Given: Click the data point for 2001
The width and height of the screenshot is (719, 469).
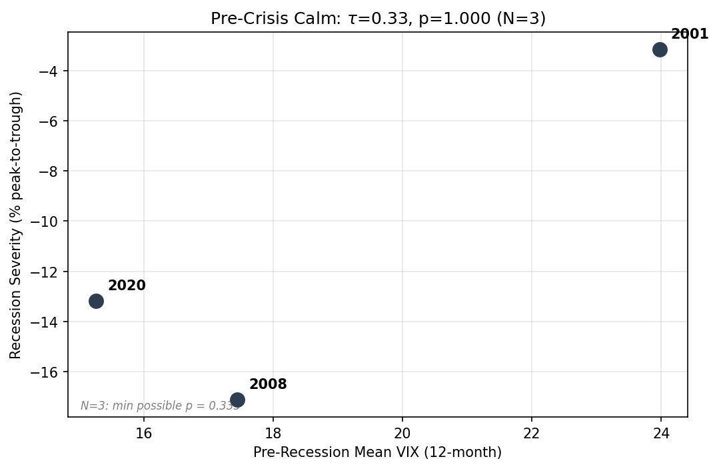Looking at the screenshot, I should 660,49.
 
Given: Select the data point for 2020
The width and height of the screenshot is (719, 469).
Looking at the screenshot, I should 96,301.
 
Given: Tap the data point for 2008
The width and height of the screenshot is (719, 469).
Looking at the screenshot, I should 237,400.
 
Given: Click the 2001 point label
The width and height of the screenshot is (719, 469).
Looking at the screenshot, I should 690,35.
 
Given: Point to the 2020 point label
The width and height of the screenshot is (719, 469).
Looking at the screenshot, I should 127,286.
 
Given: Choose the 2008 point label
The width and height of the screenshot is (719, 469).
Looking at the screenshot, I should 268,384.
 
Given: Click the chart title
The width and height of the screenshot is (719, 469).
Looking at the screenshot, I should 378,19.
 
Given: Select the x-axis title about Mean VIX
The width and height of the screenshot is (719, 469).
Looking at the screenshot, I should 377,452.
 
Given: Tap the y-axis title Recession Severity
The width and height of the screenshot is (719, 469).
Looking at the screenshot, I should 16,225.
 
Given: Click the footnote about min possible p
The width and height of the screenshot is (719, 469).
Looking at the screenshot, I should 160,406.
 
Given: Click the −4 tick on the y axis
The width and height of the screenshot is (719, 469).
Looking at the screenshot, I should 51,71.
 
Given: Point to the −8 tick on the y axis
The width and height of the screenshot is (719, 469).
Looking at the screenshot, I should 51,171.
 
